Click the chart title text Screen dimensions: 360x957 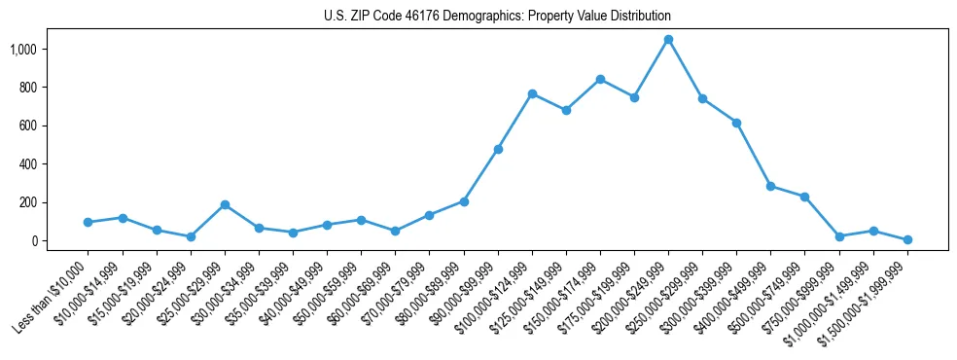click(x=497, y=17)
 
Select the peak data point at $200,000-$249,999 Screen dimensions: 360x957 click(x=668, y=40)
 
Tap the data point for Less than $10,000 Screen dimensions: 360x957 click(x=89, y=222)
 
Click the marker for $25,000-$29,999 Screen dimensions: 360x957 click(x=225, y=205)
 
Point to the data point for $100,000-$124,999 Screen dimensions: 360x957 click(x=532, y=93)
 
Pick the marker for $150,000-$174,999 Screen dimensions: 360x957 click(x=600, y=79)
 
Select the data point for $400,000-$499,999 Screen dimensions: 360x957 click(x=770, y=186)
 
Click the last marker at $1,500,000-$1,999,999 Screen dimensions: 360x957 click(x=907, y=239)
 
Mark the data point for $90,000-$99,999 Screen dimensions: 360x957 click(x=498, y=149)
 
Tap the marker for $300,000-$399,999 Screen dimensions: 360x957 click(x=736, y=123)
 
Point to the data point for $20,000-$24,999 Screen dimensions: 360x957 click(x=191, y=236)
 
